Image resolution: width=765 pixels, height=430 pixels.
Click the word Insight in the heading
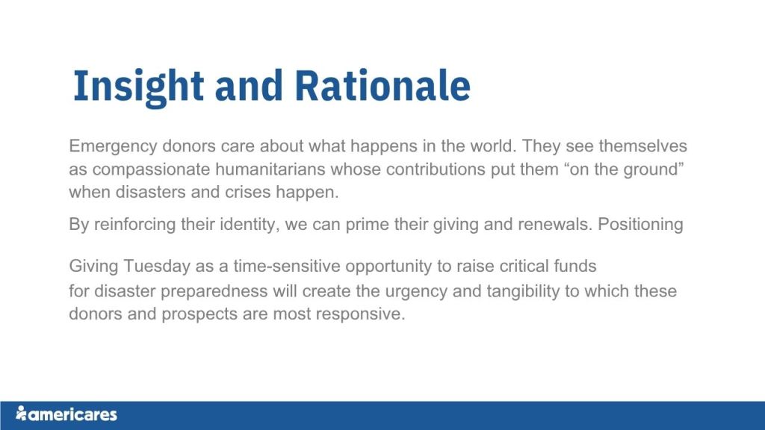pyautogui.click(x=138, y=87)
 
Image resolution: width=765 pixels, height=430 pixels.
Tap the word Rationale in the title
pyautogui.click(x=382, y=85)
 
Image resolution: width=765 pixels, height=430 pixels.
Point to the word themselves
pyautogui.click(x=643, y=146)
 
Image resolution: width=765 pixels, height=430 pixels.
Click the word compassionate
pyautogui.click(x=152, y=170)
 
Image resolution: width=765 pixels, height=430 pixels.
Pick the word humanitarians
pyautogui.click(x=270, y=169)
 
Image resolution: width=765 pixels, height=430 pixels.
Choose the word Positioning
pyautogui.click(x=640, y=225)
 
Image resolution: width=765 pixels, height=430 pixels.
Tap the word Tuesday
pyautogui.click(x=157, y=267)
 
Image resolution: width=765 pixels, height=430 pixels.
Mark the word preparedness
pyautogui.click(x=214, y=292)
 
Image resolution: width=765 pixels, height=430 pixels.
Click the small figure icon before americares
pyautogui.click(x=20, y=413)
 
